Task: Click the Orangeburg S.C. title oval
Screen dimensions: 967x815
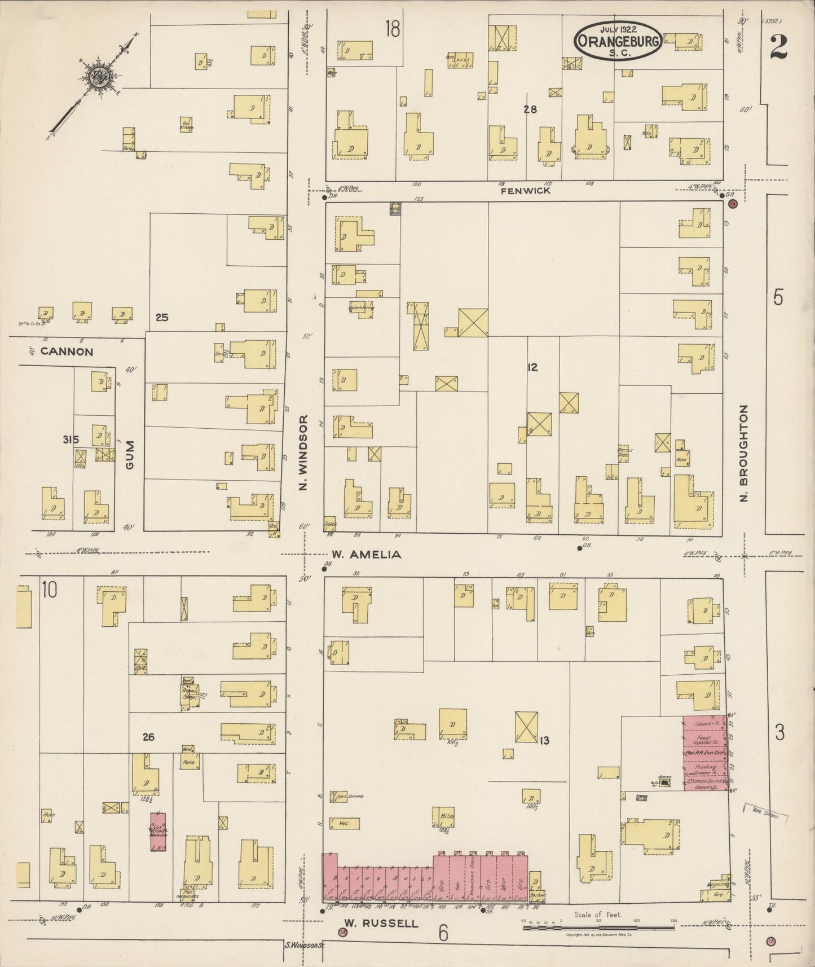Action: pyautogui.click(x=618, y=41)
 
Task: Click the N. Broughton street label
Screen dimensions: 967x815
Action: pyautogui.click(x=744, y=453)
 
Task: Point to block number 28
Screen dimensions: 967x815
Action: pyautogui.click(x=530, y=110)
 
